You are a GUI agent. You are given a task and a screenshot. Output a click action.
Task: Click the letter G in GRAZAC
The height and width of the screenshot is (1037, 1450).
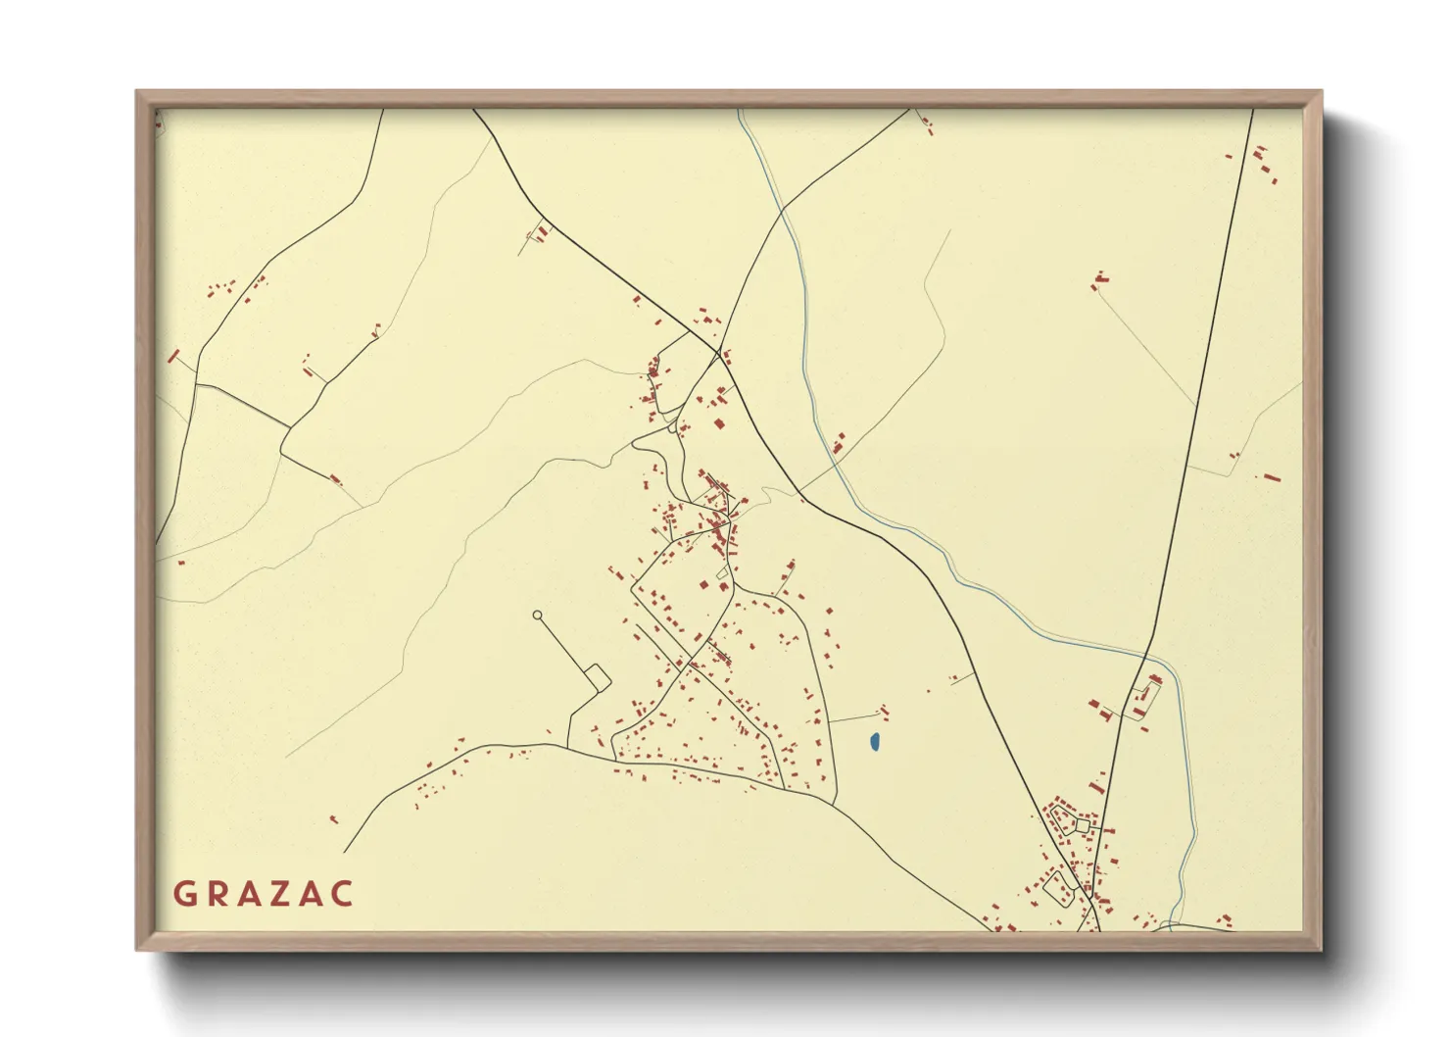pos(183,894)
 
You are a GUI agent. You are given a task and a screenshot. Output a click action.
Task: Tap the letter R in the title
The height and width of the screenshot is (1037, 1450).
pos(217,894)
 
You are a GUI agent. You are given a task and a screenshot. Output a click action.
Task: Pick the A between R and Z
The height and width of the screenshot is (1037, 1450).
pos(250,894)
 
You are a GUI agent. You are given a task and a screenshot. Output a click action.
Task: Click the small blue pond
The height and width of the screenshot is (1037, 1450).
pos(875,743)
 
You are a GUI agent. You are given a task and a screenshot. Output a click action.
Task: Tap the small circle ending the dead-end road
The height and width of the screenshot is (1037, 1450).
pos(537,616)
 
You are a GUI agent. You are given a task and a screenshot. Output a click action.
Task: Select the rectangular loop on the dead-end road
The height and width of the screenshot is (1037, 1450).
pos(596,677)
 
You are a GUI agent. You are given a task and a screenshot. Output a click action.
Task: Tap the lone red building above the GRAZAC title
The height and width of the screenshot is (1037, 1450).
pos(333,819)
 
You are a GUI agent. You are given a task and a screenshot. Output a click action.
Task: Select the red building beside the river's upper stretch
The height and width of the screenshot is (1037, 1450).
pos(839,443)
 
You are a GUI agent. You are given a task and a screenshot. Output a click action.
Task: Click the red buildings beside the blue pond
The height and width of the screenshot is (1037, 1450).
pos(884,712)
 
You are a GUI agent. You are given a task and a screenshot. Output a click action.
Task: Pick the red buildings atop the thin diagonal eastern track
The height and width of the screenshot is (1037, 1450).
pos(1099,282)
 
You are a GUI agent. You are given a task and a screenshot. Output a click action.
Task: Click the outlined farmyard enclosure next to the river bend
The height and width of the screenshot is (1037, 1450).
pos(1144,698)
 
